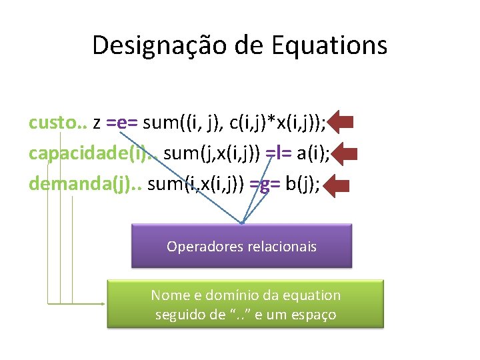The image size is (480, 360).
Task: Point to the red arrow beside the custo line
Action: pos(341,123)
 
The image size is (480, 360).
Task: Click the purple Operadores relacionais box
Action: pos(241,246)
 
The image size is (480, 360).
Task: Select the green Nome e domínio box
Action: pos(245,303)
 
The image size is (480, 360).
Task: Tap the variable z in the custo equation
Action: pos(97,123)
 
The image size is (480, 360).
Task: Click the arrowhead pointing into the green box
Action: pos(103,303)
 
